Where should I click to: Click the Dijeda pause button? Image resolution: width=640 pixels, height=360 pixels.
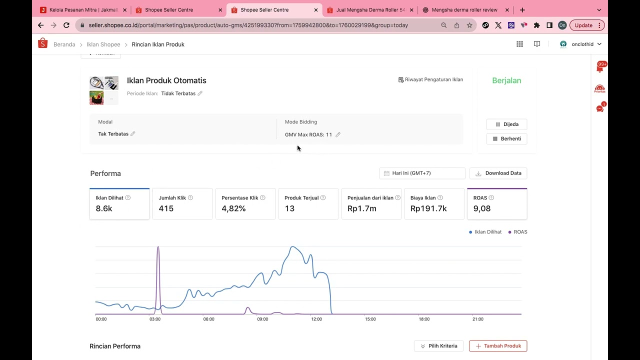tap(506, 124)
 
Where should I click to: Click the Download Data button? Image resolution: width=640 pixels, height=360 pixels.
tap(498, 173)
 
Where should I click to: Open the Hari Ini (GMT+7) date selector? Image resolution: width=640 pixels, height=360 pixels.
tap(422, 173)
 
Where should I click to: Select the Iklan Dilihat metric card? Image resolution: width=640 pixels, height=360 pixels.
tap(119, 203)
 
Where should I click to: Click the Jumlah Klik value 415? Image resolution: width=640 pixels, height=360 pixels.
tap(166, 208)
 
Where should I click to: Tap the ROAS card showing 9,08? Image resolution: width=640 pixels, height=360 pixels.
tap(496, 203)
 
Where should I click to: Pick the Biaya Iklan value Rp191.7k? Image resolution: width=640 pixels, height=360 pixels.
tap(428, 208)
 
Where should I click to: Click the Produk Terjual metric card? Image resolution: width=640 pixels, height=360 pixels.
tap(308, 203)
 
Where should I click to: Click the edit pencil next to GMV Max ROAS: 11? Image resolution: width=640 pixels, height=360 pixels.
tap(338, 134)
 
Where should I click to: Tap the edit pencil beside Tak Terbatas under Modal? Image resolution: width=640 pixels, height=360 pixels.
tap(133, 134)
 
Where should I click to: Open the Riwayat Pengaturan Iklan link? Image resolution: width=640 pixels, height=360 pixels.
tap(430, 79)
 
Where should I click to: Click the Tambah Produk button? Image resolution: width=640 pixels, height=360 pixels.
tap(498, 346)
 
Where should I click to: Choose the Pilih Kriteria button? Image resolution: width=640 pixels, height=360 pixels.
tap(438, 346)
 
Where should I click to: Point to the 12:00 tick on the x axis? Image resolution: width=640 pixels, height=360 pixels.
tap(316, 319)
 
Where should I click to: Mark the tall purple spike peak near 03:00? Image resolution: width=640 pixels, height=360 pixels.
tap(158, 247)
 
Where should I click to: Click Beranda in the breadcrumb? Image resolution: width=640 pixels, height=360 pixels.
tap(64, 44)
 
